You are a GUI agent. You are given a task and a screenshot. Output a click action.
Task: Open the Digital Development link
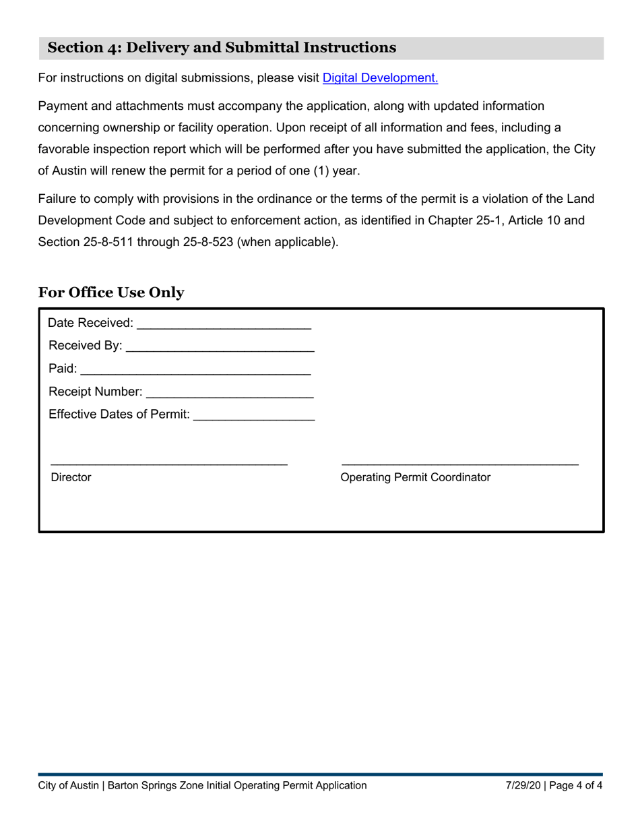380,78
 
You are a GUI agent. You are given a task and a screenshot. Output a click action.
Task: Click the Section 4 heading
222,48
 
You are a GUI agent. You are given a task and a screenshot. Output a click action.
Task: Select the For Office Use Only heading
111,293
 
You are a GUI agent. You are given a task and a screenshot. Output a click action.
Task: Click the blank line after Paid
195,371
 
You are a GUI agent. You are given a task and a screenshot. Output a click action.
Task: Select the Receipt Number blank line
229,394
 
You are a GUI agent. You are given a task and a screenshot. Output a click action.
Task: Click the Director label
71,478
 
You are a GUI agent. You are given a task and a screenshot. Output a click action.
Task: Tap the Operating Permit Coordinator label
416,478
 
